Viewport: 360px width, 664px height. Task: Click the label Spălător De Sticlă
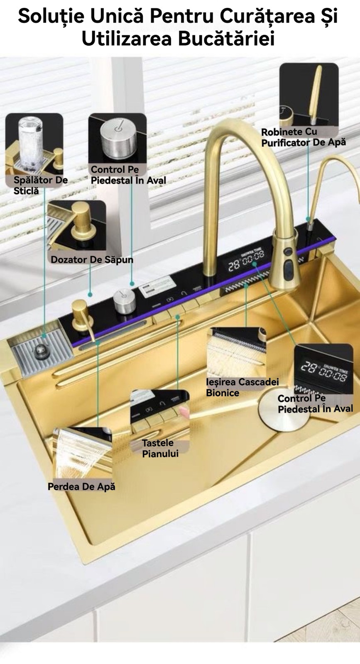tap(40, 185)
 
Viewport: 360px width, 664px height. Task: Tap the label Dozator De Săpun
tap(92, 260)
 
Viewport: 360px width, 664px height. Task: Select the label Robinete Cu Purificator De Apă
tap(303, 137)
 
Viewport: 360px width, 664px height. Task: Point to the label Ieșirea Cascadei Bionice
tap(242, 387)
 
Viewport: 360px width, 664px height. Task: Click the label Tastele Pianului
tap(160, 448)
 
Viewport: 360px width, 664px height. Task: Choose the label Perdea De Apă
tap(81, 486)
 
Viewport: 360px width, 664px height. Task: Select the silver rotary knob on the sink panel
tap(124, 301)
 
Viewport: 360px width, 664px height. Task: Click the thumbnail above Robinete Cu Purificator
tap(309, 94)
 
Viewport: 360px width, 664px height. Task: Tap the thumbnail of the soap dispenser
tap(77, 226)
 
